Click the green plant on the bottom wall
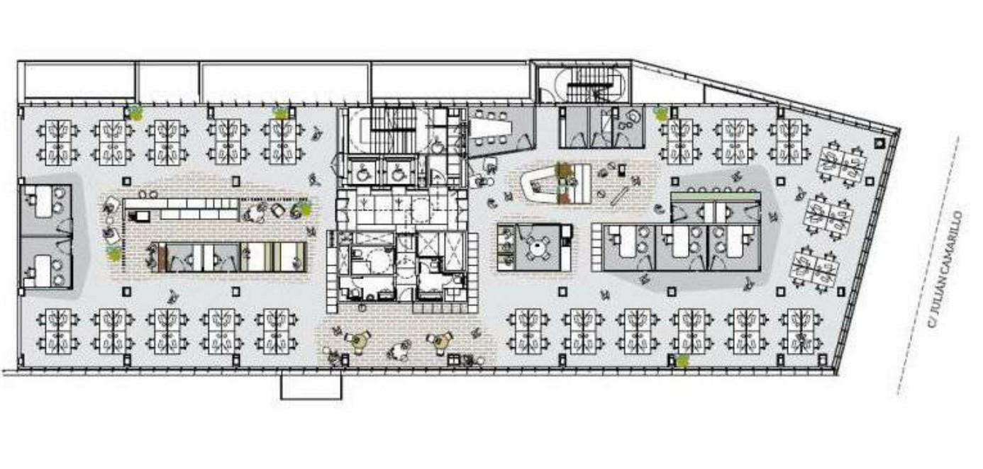[x=682, y=361]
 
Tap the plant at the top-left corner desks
[x=134, y=112]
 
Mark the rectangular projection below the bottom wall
[x=311, y=386]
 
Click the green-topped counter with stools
[x=715, y=196]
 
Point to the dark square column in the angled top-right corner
[x=879, y=143]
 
